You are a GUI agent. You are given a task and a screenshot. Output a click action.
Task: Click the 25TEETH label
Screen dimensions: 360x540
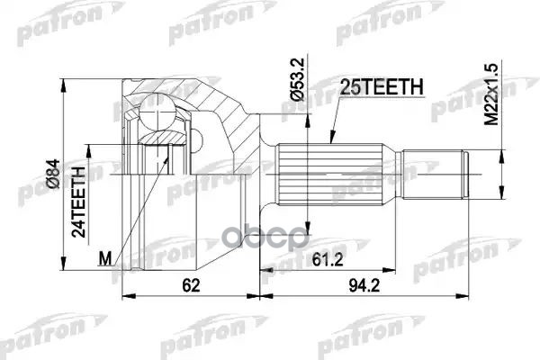[x=379, y=86]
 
